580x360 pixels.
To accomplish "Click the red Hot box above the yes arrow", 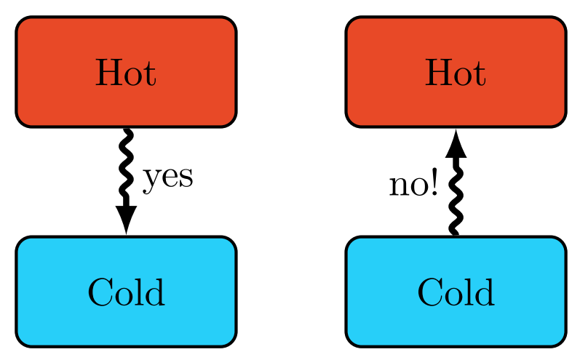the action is pos(126,72).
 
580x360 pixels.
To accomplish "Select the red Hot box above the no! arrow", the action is pos(456,72).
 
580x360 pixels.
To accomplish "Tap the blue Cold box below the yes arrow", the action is pos(126,292).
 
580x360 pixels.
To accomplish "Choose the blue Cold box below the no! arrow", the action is pos(456,292).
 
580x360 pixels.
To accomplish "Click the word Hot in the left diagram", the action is pos(126,73).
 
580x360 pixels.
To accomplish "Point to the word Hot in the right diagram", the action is pos(456,73).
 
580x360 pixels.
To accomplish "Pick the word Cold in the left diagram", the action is pos(126,292).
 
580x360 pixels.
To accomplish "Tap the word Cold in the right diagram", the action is pos(456,292).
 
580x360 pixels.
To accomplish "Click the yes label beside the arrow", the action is pos(168,179).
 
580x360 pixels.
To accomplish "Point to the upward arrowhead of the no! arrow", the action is pos(456,144).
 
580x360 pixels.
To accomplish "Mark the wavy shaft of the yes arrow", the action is pos(126,167).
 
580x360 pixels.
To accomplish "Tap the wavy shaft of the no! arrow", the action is pos(456,196).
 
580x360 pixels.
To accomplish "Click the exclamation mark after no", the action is pos(434,182).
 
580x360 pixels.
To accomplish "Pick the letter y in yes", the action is pos(151,181).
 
